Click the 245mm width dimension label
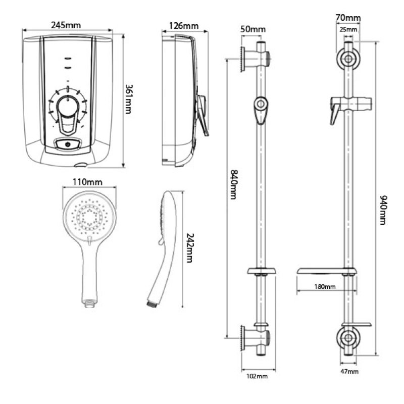pos(68,24)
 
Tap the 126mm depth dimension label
pos(183,25)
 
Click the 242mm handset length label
pos(190,247)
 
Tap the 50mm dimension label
pos(253,29)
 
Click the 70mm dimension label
pos(348,18)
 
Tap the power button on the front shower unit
pos(69,145)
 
